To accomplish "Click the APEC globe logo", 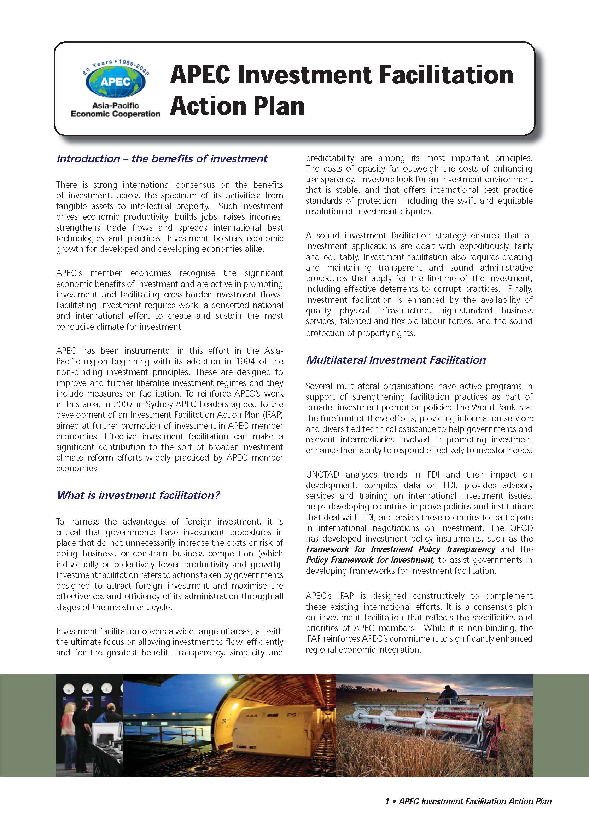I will click(115, 82).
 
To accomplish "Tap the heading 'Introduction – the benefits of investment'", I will click(162, 158).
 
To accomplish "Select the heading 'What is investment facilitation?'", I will click(138, 495).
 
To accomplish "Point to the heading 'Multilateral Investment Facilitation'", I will click(396, 359).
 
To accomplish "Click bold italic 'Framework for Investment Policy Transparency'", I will click(401, 549).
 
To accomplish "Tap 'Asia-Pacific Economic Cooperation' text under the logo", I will click(115, 110).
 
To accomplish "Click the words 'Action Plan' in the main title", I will click(237, 106).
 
